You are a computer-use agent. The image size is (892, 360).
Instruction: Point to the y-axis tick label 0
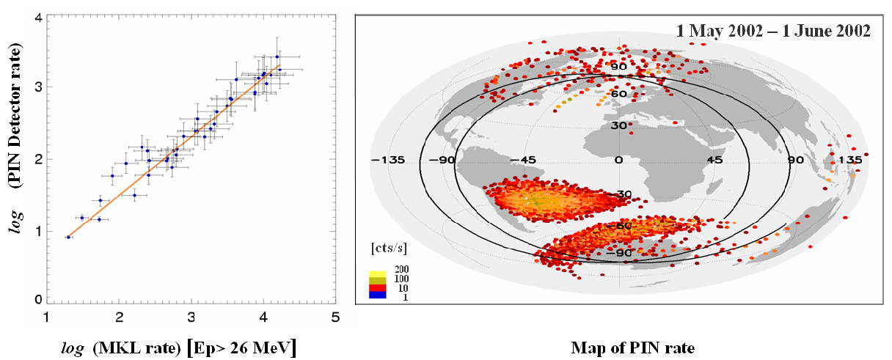[35, 299]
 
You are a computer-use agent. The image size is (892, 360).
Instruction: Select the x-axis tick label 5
[335, 318]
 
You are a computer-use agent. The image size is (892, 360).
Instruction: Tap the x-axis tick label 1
[47, 318]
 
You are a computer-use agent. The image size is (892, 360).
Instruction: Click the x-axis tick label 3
[191, 318]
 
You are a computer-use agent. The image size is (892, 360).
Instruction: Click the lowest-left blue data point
[68, 237]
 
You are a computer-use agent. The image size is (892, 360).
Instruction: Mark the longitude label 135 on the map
[850, 160]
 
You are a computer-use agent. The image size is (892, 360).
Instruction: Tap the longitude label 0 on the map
[618, 160]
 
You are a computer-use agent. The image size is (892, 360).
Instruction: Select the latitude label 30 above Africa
[618, 125]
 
